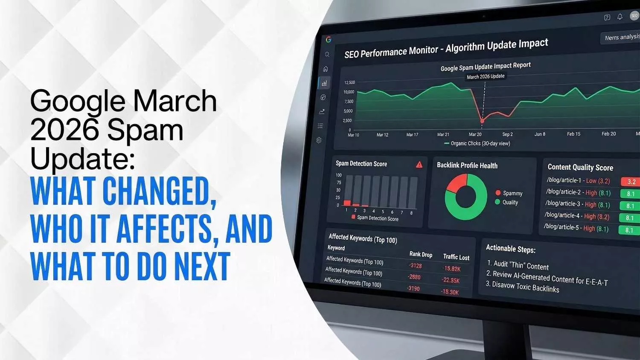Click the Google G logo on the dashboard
pos(328,40)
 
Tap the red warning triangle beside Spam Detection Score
pos(419,165)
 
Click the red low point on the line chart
pos(482,121)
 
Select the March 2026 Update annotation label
pos(485,77)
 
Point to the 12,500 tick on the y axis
pos(349,82)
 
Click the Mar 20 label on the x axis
pos(475,134)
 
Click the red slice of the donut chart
pos(455,183)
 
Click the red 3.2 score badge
pos(631,182)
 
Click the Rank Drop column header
pos(421,254)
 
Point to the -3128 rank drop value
pos(415,266)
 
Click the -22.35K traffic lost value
pos(451,280)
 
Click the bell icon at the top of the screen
pos(620,17)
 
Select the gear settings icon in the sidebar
pos(319,140)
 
